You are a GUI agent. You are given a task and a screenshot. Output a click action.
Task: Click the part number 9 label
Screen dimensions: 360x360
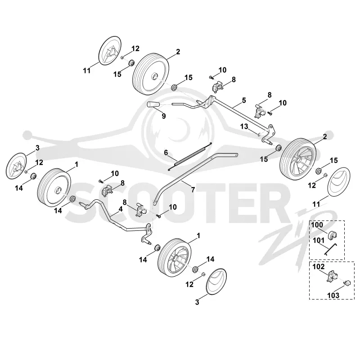click(164, 116)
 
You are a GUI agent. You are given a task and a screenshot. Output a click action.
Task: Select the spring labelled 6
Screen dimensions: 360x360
click(190, 156)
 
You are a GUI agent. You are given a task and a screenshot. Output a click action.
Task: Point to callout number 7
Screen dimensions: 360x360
click(193, 189)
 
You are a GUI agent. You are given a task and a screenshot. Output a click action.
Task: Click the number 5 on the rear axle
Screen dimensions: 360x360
click(244, 100)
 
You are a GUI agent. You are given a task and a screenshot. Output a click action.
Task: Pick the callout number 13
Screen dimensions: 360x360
click(244, 126)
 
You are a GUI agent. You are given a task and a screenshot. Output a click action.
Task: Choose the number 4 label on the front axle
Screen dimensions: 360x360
click(121, 209)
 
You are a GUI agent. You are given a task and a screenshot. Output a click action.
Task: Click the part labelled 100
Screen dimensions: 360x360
click(333, 235)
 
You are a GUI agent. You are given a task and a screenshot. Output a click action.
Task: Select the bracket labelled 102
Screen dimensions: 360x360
click(332, 276)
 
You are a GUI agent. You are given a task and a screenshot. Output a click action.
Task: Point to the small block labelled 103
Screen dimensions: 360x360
click(347, 283)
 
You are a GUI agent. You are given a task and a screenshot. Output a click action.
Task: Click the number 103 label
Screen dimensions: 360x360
click(333, 295)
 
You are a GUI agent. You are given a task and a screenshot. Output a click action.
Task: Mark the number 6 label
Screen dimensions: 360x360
click(166, 153)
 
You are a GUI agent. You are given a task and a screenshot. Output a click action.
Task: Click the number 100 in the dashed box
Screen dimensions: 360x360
click(317, 225)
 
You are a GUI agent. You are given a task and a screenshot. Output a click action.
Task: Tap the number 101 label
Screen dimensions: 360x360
click(319, 240)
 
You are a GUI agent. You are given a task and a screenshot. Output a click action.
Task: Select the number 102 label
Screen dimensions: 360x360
click(319, 266)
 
